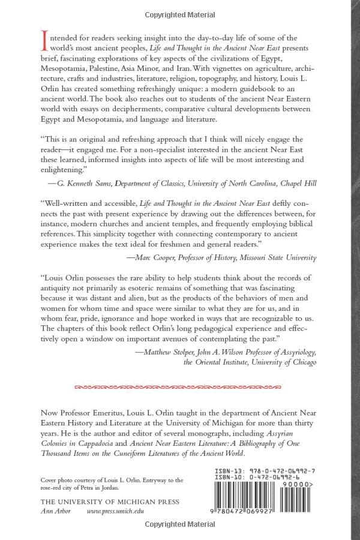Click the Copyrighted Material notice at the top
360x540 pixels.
180,11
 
